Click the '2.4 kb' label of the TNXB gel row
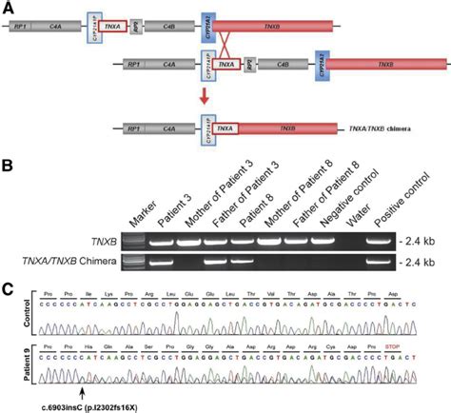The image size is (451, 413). tap(422, 242)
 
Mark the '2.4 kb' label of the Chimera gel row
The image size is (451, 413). tap(422, 261)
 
